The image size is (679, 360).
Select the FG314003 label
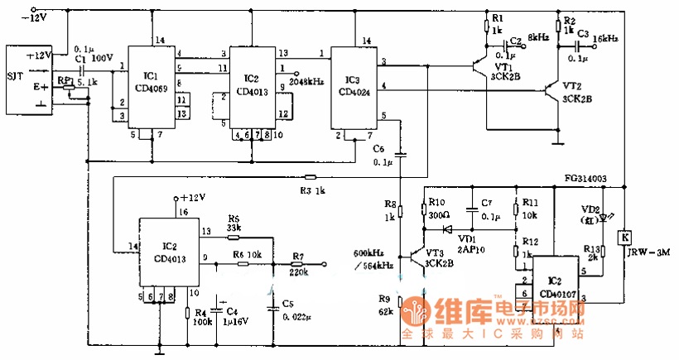point(586,178)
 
